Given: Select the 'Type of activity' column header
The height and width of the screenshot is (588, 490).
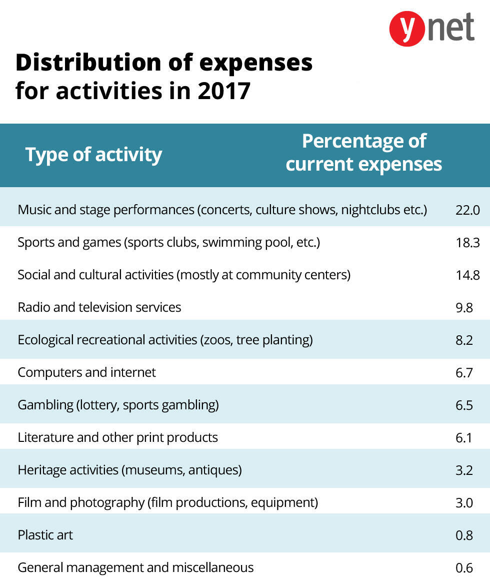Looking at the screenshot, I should click(x=93, y=155).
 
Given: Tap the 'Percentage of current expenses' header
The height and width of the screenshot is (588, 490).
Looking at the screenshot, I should click(x=363, y=153).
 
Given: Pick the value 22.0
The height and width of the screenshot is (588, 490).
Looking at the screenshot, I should click(x=467, y=210).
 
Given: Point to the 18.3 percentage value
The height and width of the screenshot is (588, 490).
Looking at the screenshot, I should click(x=467, y=243).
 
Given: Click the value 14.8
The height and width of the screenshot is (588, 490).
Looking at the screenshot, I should click(x=467, y=275).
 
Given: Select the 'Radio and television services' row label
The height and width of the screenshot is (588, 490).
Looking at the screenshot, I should click(x=99, y=307).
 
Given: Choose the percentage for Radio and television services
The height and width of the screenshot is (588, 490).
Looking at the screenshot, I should click(x=464, y=308).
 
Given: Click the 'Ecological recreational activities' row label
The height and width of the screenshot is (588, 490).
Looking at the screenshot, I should click(x=165, y=340).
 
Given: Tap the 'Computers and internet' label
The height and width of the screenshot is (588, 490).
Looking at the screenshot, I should click(x=86, y=372).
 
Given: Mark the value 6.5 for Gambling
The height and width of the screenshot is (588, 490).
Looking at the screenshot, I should click(x=464, y=405).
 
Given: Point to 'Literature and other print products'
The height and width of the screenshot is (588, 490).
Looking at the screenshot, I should click(x=117, y=437).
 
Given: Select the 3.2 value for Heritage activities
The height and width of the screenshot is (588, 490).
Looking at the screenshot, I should click(x=464, y=470).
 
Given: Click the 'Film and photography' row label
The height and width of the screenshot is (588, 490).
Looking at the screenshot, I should click(x=167, y=502).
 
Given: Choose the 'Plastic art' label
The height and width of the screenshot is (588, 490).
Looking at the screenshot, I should click(x=45, y=535).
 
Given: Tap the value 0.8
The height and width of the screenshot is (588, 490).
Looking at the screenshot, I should click(x=464, y=535).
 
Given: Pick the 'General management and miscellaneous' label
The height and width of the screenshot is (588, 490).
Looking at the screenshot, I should click(x=135, y=567).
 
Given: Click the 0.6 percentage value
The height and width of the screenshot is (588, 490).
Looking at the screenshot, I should click(x=464, y=568).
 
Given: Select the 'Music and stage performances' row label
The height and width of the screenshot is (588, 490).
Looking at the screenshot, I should click(x=222, y=210).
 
